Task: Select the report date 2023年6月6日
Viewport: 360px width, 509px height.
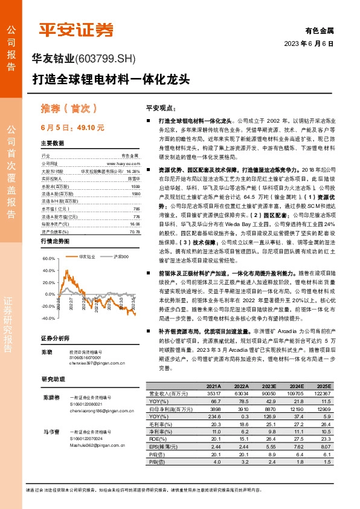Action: (309, 44)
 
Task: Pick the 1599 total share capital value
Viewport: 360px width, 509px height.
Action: (135, 187)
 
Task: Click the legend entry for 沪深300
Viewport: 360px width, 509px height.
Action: (121, 257)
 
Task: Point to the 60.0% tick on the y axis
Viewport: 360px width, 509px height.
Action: (48, 275)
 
